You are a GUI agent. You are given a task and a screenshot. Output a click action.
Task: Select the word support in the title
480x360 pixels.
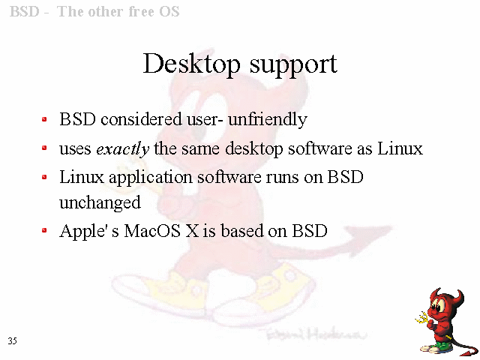click(293, 66)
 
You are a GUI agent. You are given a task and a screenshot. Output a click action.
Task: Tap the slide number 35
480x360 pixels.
click(12, 340)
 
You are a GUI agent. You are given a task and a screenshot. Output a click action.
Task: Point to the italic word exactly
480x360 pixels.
click(122, 149)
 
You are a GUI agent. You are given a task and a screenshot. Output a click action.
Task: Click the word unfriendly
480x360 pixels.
click(268, 119)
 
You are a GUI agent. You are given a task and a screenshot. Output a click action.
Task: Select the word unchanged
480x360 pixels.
click(100, 202)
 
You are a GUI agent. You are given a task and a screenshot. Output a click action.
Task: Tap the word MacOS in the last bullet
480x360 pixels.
click(152, 231)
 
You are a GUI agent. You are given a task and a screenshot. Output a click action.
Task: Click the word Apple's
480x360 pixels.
click(89, 232)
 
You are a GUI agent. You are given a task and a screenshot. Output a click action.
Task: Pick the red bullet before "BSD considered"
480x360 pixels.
click(44, 119)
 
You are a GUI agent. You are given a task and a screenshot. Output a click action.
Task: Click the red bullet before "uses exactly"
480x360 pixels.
click(44, 148)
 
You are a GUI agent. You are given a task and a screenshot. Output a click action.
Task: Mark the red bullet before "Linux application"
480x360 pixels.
click(44, 177)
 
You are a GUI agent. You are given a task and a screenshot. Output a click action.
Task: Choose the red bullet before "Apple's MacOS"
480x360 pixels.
click(44, 230)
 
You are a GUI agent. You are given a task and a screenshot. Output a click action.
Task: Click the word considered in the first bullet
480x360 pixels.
click(141, 119)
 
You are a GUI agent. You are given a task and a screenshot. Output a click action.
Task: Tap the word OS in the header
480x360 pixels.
click(169, 12)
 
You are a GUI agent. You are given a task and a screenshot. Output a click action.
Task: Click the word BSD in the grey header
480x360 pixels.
click(25, 12)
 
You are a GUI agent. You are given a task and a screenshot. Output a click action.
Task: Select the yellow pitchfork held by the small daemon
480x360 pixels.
click(424, 318)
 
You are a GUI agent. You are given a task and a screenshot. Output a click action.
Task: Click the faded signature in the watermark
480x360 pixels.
click(316, 334)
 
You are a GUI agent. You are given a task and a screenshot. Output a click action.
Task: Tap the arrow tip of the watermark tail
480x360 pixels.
click(392, 227)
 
